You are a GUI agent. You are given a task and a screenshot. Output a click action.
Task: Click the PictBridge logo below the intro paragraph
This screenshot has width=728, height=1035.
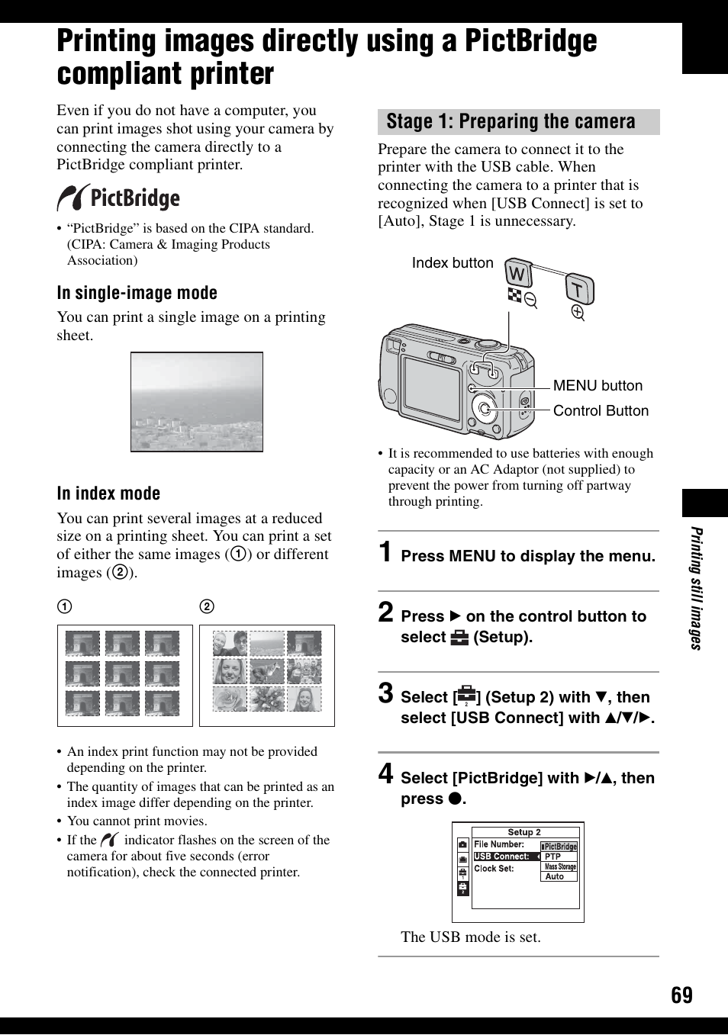(118, 198)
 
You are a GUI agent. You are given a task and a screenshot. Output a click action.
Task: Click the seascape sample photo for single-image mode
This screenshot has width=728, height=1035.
(197, 401)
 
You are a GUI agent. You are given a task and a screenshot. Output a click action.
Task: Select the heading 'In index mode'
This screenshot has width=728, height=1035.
(108, 493)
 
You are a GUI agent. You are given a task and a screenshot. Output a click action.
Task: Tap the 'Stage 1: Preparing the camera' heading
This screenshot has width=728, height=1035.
(511, 122)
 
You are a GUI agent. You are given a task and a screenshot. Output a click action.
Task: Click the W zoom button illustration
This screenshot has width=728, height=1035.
(518, 273)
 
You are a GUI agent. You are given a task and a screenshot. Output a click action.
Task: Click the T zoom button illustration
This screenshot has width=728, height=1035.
(579, 290)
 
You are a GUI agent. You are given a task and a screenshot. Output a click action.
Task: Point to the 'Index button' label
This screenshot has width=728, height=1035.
(453, 263)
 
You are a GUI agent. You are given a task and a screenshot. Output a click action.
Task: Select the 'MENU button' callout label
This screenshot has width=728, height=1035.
(598, 386)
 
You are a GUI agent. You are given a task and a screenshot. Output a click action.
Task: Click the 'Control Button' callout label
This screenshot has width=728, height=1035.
(601, 411)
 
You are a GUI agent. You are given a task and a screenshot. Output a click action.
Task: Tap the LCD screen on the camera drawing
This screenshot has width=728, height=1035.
(431, 388)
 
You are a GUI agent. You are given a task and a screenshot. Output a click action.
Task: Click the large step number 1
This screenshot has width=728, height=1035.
(386, 551)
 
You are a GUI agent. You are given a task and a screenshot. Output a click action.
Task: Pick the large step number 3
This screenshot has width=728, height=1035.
(386, 693)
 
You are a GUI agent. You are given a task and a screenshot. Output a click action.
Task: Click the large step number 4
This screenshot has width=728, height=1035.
(386, 773)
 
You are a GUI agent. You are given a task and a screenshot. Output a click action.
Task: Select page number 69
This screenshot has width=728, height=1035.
(681, 995)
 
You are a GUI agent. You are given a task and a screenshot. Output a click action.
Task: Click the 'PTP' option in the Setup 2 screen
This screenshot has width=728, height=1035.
(553, 857)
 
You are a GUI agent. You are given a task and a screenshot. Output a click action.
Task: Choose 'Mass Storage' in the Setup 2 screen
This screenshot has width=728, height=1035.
(560, 866)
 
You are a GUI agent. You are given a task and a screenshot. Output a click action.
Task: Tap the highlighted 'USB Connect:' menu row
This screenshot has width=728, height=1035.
(504, 857)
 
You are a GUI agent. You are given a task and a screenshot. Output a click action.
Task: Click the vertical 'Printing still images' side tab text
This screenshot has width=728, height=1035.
(696, 588)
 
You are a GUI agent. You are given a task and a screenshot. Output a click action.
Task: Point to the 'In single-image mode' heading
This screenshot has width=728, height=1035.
(137, 293)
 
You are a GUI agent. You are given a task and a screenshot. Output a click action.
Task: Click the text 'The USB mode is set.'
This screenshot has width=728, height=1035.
(471, 937)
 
